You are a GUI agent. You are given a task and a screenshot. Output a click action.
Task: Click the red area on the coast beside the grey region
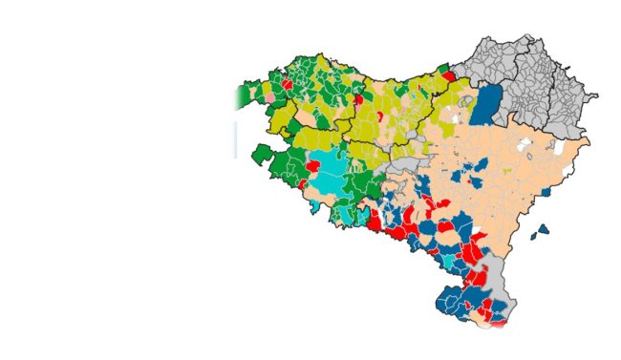448,75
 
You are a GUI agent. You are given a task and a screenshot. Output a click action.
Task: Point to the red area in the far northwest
287,85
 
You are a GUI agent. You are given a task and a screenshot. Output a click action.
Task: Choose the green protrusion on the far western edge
261,154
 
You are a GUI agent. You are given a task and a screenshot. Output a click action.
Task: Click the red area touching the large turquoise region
311,166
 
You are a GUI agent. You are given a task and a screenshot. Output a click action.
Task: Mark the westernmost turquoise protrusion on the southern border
314,205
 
